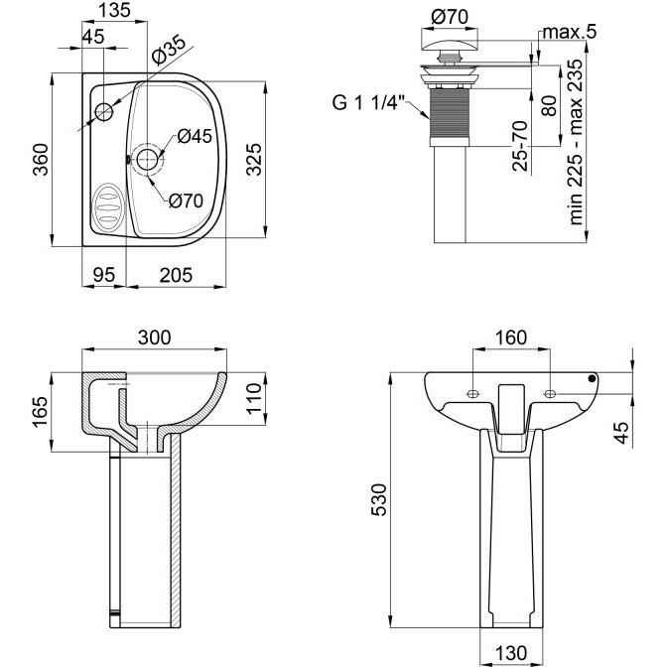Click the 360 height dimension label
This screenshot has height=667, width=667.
(x=42, y=160)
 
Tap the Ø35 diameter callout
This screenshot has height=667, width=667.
(x=169, y=51)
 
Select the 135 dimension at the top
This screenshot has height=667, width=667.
(x=114, y=10)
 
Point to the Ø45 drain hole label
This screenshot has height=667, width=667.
(x=195, y=136)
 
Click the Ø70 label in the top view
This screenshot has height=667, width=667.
(x=186, y=200)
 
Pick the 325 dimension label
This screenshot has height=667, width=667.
(x=254, y=160)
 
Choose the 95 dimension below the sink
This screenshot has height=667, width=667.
(x=104, y=275)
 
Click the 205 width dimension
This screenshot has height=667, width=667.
(x=176, y=275)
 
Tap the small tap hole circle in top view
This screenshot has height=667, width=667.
(x=104, y=112)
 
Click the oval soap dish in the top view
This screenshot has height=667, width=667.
(x=107, y=206)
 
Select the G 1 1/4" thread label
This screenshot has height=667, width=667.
(x=367, y=102)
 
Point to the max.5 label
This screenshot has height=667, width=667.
(x=570, y=32)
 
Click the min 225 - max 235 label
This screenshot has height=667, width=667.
(x=576, y=142)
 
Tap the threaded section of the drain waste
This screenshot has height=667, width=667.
(x=451, y=113)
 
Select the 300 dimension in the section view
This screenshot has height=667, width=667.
(x=154, y=337)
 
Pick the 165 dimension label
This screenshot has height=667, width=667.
(x=40, y=412)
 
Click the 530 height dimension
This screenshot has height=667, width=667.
(x=379, y=500)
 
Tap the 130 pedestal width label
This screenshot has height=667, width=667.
(x=511, y=653)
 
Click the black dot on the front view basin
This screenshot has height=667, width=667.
(x=592, y=378)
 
